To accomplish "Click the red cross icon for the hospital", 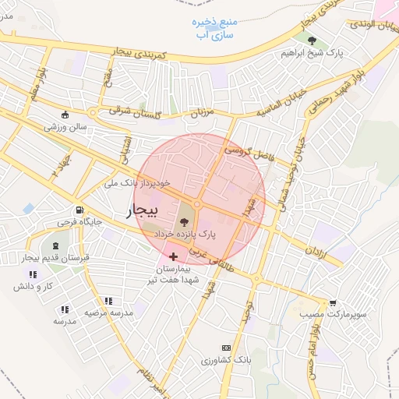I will pyautogui.click(x=173, y=256).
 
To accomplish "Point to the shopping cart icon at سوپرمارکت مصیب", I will pyautogui.click(x=334, y=302).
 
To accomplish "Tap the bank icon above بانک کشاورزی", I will pyautogui.click(x=226, y=348).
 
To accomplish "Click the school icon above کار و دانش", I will pyautogui.click(x=32, y=274).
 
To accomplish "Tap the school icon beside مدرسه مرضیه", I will pyautogui.click(x=108, y=301).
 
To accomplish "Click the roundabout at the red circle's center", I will pyautogui.click(x=199, y=204).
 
